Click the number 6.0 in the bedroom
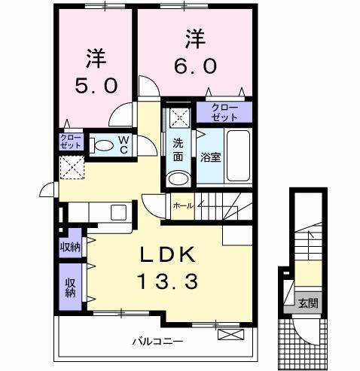tap(196, 65)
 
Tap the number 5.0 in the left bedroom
tap(96, 84)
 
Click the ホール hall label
tap(182, 205)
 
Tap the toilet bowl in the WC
tap(103, 145)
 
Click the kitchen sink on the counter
tap(119, 213)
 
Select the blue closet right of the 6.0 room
tap(224, 111)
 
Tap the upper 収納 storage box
tap(70, 247)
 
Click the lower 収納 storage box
tap(69, 287)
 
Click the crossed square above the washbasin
tap(178, 118)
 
